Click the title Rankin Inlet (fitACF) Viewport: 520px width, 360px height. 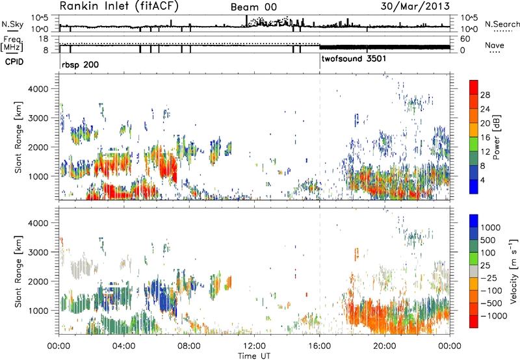click(x=119, y=6)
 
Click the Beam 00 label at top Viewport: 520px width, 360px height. click(x=253, y=7)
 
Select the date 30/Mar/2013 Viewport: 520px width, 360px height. click(x=415, y=6)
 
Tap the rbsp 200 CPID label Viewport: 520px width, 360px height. click(x=80, y=64)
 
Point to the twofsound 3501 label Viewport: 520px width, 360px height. click(x=354, y=58)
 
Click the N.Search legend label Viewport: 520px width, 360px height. click(x=502, y=24)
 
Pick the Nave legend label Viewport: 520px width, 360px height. click(x=495, y=45)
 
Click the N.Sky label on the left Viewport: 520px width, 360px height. click(x=12, y=24)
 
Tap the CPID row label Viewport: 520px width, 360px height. click(x=14, y=62)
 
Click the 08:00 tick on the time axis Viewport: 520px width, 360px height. click(x=189, y=346)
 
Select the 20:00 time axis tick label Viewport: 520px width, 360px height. click(x=385, y=346)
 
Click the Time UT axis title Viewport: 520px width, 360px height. click(x=254, y=356)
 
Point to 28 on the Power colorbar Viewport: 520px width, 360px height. click(x=485, y=95)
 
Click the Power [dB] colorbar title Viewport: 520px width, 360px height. click(x=496, y=137)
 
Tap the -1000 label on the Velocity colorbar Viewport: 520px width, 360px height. click(x=493, y=316)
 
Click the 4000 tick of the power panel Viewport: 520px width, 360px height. click(x=39, y=89)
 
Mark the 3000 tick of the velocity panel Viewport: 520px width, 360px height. click(x=39, y=252)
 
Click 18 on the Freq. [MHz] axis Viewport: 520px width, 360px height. click(x=44, y=39)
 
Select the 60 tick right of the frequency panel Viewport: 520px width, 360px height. click(x=465, y=39)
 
